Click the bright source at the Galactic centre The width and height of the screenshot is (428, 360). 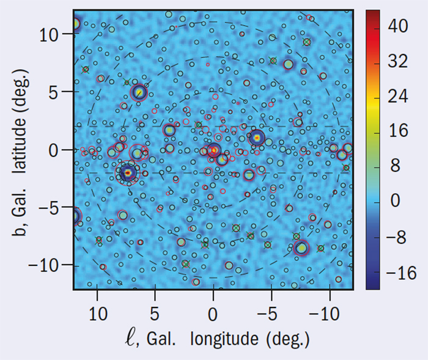[x=213, y=150]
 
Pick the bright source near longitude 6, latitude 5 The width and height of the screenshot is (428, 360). [x=139, y=92]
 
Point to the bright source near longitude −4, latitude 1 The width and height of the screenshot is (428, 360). [x=257, y=138]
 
